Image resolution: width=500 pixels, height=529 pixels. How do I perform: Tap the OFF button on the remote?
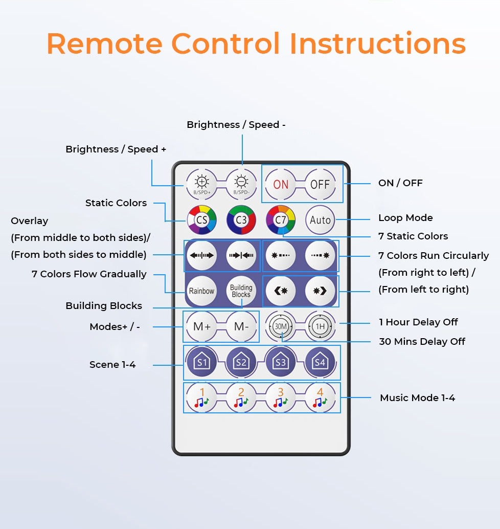click(320, 184)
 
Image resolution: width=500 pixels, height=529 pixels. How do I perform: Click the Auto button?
click(320, 220)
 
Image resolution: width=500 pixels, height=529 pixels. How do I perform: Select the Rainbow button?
click(201, 291)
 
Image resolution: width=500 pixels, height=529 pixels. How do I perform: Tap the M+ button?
click(201, 326)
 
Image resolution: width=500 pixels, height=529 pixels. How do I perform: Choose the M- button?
click(241, 326)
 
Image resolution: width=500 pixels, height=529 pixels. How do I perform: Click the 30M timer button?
click(281, 326)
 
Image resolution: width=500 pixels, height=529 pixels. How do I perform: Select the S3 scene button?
click(281, 362)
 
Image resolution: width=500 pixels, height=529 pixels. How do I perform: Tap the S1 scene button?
click(201, 362)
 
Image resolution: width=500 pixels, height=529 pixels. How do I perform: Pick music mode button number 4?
click(320, 398)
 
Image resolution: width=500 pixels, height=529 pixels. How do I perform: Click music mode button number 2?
click(241, 398)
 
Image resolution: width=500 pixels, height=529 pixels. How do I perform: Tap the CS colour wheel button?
click(201, 220)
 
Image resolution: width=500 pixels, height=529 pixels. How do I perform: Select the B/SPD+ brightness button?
click(201, 184)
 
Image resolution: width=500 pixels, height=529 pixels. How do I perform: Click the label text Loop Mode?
click(405, 218)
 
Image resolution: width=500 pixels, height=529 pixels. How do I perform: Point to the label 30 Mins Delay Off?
click(422, 342)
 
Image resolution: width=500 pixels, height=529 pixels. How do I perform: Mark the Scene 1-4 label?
click(112, 365)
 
